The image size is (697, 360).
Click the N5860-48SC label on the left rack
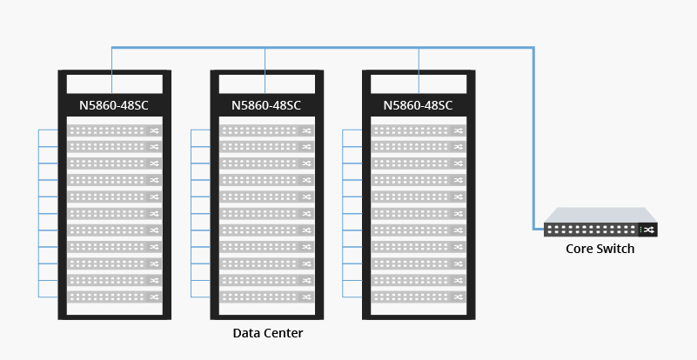click(113, 106)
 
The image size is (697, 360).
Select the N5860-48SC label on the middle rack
click(266, 106)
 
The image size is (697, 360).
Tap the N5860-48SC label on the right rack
click(419, 106)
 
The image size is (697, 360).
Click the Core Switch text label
click(600, 250)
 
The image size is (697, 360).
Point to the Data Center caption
click(268, 333)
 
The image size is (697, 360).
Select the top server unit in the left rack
click(114, 130)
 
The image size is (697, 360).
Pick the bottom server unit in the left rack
click(114, 297)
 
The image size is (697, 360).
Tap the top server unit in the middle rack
click(266, 130)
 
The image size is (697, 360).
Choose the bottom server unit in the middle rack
click(266, 297)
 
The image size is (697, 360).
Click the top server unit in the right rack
click(419, 130)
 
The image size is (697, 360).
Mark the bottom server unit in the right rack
click(419, 297)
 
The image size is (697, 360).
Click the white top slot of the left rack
click(113, 83)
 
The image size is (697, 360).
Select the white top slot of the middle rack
click(266, 83)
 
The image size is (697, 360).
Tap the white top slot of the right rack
click(419, 83)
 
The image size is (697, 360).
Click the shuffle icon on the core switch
click(647, 230)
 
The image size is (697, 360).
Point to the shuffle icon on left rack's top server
click(154, 130)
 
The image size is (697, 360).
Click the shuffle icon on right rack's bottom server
click(459, 297)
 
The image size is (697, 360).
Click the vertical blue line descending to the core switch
click(533, 139)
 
